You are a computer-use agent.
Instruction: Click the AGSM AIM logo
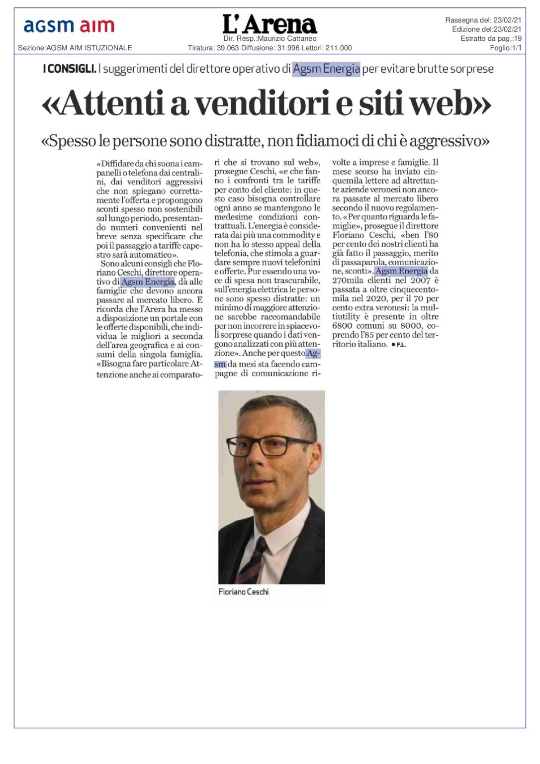[69, 26]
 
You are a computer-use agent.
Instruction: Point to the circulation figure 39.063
[228, 48]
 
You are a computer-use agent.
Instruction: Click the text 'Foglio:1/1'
[505, 48]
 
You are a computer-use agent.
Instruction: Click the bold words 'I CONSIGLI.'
[70, 69]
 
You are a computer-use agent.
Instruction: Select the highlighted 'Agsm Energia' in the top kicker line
[326, 69]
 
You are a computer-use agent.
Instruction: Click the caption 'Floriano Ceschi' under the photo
[244, 592]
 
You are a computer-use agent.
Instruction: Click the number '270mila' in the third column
[349, 281]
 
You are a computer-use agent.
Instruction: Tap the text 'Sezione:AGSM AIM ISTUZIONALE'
[75, 48]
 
